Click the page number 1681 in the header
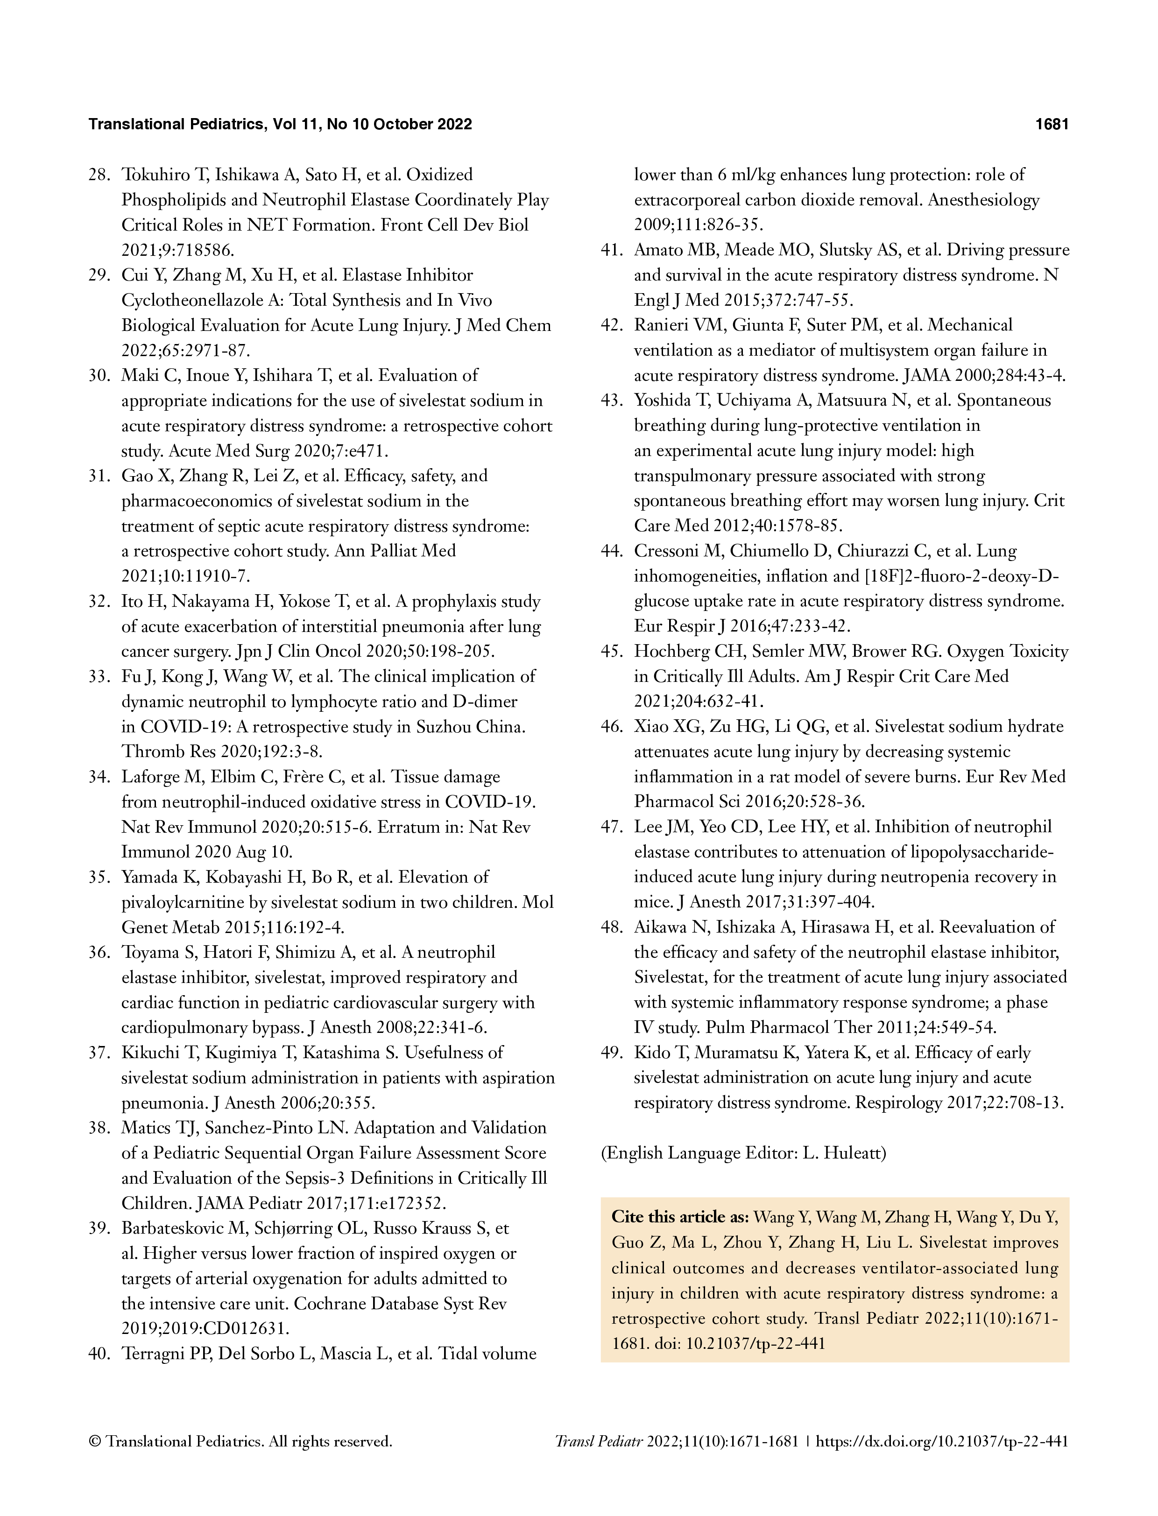coord(1051,125)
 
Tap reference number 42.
coord(612,325)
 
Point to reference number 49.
coord(612,1053)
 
